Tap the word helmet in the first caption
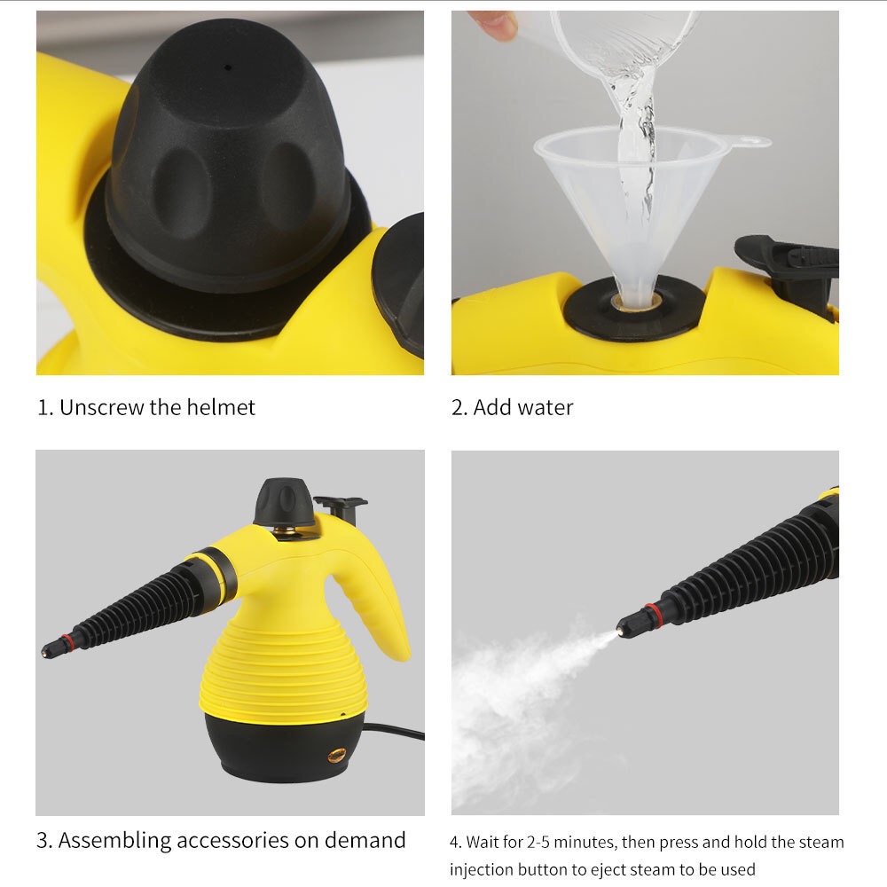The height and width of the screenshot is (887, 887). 221,407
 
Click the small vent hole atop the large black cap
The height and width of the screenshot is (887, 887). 227,67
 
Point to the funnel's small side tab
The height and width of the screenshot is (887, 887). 750,141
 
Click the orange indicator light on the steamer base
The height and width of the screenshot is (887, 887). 336,756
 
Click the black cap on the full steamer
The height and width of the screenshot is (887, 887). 284,502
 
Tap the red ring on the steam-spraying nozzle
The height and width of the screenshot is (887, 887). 655,613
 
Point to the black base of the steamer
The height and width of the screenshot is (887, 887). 275,750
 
